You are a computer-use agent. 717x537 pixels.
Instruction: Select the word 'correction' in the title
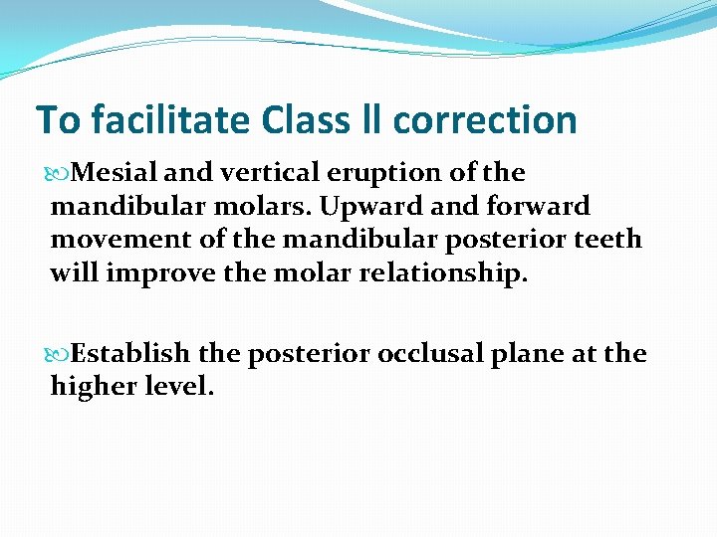(x=487, y=120)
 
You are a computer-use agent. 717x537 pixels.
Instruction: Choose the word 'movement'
(x=111, y=241)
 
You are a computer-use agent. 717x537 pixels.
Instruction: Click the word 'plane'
(x=526, y=355)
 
